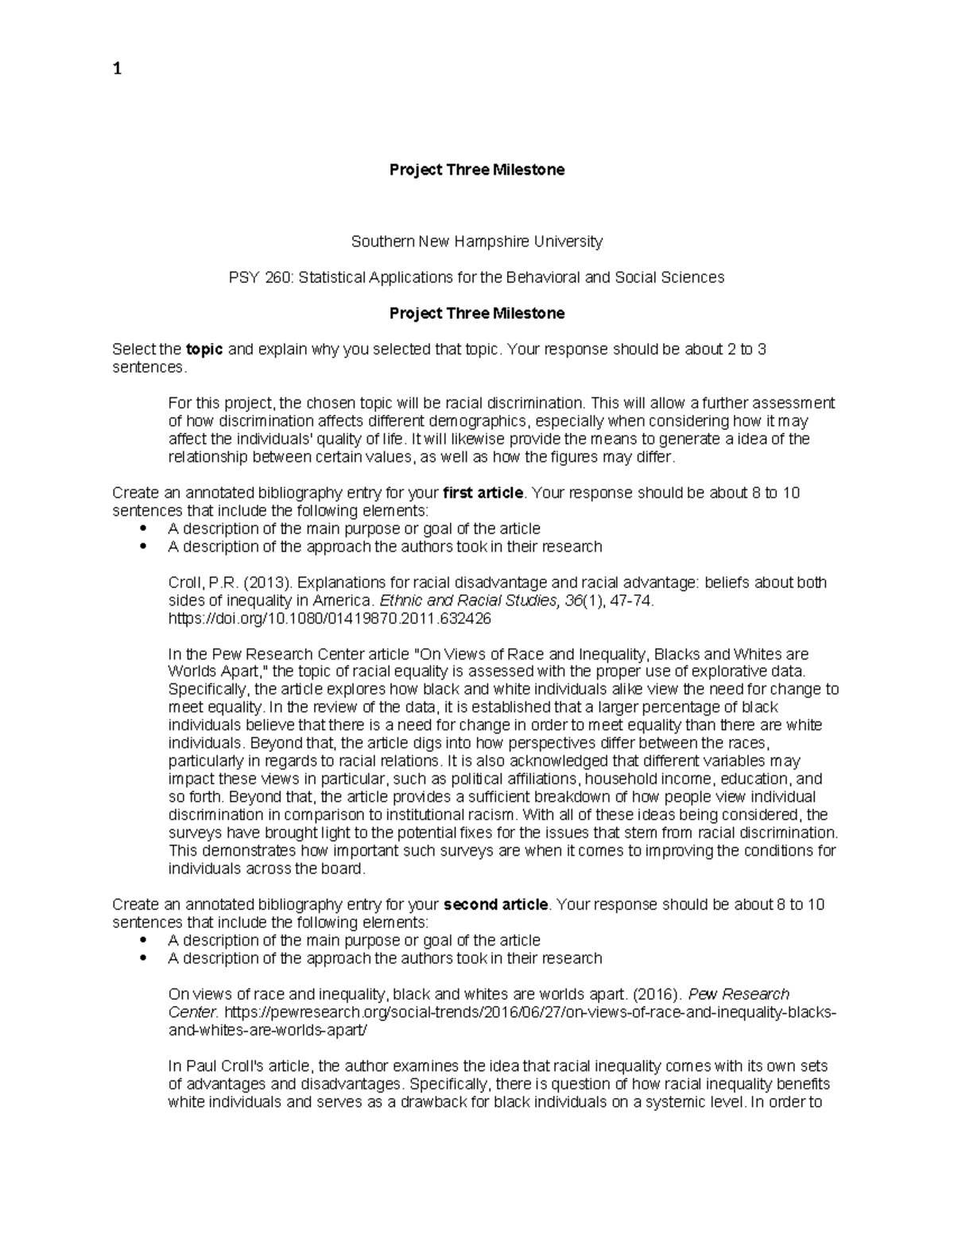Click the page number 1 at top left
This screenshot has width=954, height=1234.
pos(117,69)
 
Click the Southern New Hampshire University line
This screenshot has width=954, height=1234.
pos(476,241)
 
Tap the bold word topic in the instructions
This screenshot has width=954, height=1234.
pos(204,350)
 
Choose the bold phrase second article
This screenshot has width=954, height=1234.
pos(495,904)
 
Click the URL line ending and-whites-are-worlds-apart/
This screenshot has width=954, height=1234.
pos(269,1030)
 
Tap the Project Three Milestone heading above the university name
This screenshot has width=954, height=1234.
pos(476,169)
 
